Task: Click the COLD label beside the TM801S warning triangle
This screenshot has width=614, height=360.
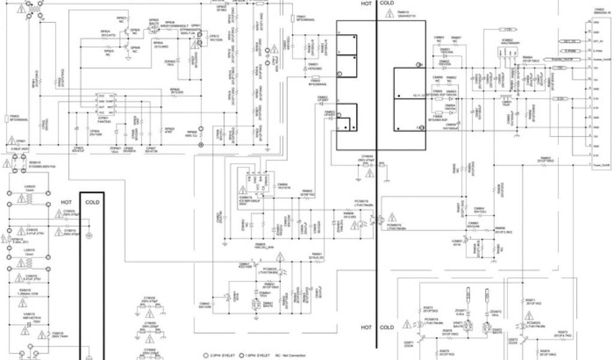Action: pyautogui.click(x=387, y=4)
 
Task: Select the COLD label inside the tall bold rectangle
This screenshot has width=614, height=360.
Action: pyautogui.click(x=92, y=202)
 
